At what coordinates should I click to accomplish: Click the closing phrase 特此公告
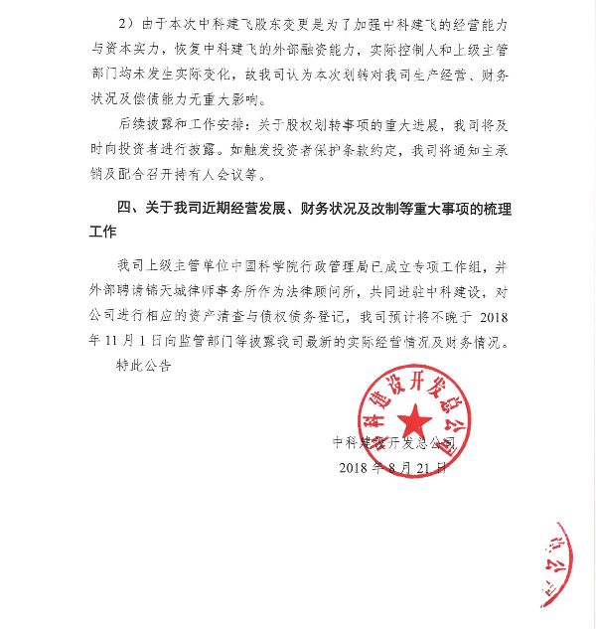(x=144, y=366)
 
